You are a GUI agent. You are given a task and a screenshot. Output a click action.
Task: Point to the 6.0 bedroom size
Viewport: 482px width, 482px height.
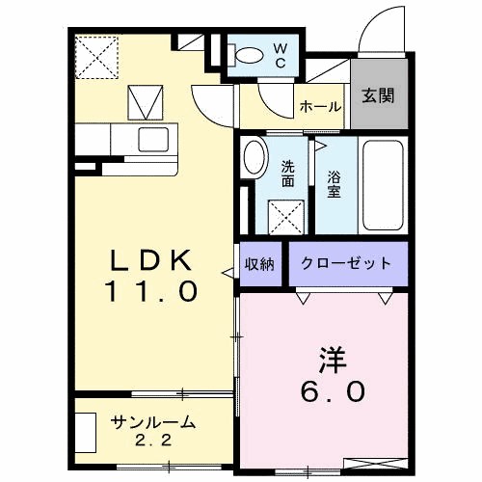point(331,390)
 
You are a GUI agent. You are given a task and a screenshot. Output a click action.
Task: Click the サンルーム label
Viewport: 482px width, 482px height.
point(153,423)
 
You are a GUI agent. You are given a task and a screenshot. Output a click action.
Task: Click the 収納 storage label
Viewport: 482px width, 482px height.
point(259,263)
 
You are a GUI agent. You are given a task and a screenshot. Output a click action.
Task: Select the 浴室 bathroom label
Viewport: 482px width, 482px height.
point(334,183)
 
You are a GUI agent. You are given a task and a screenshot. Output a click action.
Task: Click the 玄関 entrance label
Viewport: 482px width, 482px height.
point(376,95)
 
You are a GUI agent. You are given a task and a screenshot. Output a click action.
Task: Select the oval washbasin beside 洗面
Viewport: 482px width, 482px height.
point(254,158)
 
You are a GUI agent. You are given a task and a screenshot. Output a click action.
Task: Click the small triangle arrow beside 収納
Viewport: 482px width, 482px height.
point(228,275)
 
